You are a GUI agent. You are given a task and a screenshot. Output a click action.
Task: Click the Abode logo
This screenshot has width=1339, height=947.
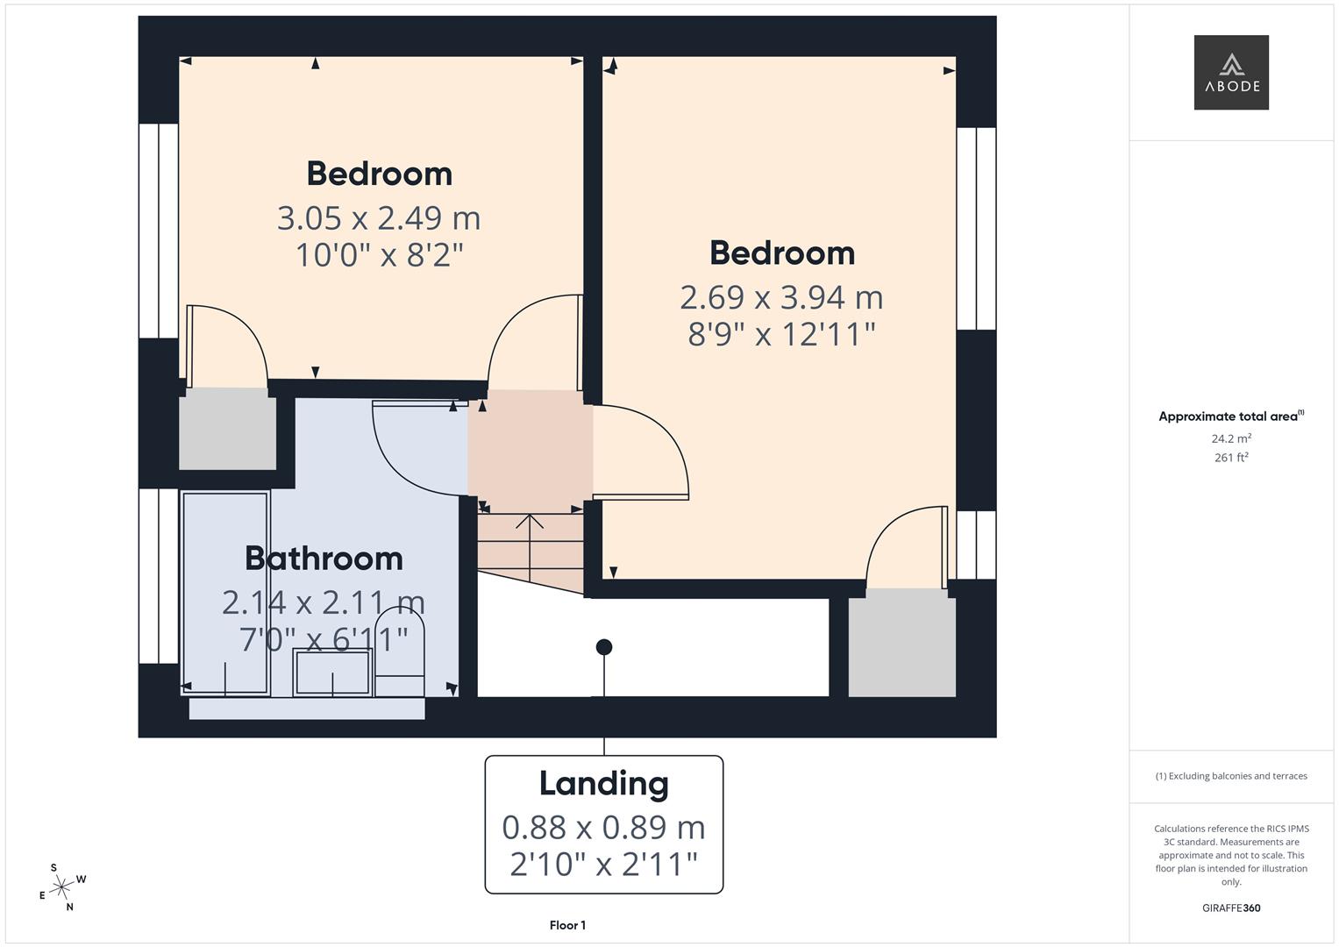click(1230, 72)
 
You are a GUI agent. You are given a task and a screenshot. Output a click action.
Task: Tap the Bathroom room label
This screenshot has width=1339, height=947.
click(324, 559)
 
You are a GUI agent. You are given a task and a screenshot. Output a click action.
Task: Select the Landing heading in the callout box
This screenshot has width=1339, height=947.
click(603, 783)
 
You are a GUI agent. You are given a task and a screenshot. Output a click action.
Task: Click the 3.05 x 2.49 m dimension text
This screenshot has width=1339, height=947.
click(379, 217)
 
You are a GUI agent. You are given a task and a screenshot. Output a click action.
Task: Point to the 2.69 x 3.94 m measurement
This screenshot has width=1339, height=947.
click(781, 297)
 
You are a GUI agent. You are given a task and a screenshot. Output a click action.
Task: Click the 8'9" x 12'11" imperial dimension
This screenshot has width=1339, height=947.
click(781, 334)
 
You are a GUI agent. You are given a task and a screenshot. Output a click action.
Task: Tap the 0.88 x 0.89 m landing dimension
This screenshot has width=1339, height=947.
click(603, 827)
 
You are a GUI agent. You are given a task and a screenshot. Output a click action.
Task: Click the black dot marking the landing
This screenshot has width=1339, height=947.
click(604, 647)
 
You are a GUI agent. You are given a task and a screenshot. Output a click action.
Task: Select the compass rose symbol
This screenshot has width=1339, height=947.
click(61, 888)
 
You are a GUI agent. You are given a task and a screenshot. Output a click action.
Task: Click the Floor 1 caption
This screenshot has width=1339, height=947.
click(567, 925)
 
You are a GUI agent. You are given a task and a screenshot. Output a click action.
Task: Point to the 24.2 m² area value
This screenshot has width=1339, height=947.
click(1231, 438)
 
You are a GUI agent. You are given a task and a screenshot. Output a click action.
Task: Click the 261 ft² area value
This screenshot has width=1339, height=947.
click(1231, 457)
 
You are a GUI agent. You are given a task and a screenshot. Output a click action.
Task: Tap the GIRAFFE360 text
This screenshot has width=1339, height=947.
click(1231, 908)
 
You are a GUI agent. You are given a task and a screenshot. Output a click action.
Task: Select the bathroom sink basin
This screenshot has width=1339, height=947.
click(332, 672)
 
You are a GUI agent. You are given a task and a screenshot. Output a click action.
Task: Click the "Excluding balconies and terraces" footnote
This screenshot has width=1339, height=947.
click(1231, 776)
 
